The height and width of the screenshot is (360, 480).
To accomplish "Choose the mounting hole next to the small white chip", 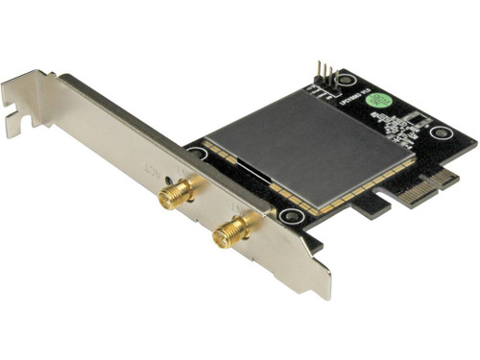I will coord(441,132).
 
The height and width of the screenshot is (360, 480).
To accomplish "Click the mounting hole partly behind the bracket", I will coord(197,153).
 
